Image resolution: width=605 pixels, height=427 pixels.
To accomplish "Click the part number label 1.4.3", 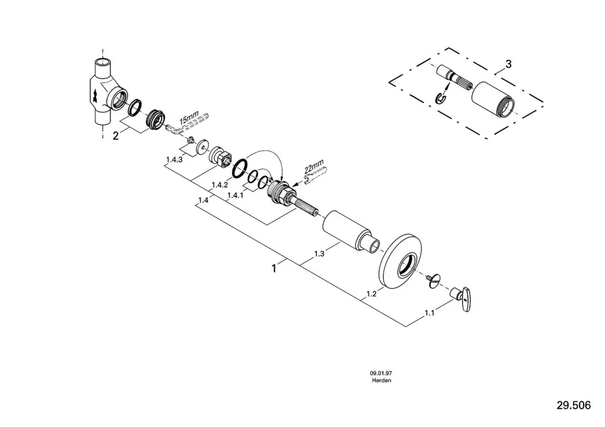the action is [x=174, y=159].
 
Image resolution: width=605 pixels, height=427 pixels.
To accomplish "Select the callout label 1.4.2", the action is [x=220, y=185].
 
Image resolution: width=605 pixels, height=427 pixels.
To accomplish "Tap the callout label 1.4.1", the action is [x=235, y=195].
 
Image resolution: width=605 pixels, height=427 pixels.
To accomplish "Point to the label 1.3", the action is [x=319, y=254].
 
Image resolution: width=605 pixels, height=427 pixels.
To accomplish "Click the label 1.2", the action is [x=371, y=294].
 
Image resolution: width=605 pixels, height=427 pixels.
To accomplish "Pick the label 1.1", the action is [x=430, y=313].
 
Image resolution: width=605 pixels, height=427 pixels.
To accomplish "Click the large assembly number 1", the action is [x=274, y=268].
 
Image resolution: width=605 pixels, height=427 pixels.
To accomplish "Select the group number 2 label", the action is [x=116, y=135].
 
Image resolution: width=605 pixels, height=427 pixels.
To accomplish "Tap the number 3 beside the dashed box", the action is [x=508, y=64].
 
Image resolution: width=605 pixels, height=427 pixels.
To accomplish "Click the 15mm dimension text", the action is [x=189, y=117].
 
